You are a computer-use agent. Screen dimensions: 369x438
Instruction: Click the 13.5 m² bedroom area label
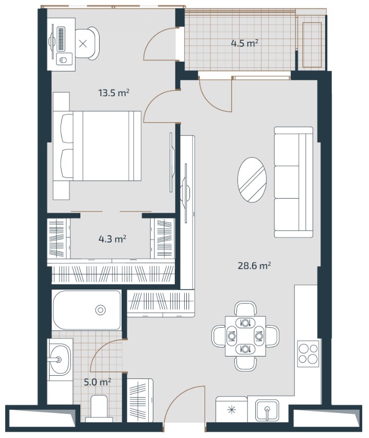point(114,93)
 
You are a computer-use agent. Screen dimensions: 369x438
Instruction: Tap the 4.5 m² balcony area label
point(244,43)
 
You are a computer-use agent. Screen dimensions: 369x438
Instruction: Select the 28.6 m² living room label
point(254,266)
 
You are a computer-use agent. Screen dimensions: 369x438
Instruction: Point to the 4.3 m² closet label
point(112,239)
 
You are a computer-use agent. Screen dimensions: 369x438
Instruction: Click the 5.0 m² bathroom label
point(98,382)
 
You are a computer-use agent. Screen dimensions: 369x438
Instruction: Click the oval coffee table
point(252,180)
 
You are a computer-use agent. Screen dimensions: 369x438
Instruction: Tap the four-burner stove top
point(308,354)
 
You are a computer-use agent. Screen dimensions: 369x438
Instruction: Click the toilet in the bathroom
point(99,408)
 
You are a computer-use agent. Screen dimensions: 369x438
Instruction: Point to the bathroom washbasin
point(59,359)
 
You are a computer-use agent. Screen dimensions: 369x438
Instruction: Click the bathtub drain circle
point(100,310)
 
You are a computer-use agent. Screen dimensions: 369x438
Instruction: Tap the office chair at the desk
point(87,43)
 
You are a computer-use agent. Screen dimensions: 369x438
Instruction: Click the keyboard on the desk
point(61,39)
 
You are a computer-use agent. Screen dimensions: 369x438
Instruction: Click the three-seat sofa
point(293,182)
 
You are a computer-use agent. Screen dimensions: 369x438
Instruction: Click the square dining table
point(245,336)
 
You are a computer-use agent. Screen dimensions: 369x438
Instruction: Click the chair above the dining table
point(245,308)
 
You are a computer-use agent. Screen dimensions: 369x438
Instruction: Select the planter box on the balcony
point(312,45)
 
